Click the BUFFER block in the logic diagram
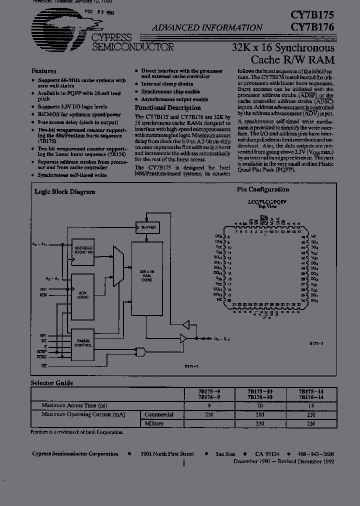click(x=148, y=227)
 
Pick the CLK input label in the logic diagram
click(x=43, y=289)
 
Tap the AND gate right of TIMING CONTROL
click(x=141, y=351)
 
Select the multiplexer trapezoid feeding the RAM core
click(x=118, y=266)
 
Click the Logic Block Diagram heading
click(x=64, y=191)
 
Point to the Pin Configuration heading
click(x=262, y=189)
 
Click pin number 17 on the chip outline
click(x=228, y=283)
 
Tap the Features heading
click(x=43, y=71)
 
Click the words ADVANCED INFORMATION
click(x=207, y=28)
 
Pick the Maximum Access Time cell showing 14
click(x=310, y=406)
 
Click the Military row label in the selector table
click(x=154, y=423)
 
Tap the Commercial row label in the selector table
click(x=159, y=414)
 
